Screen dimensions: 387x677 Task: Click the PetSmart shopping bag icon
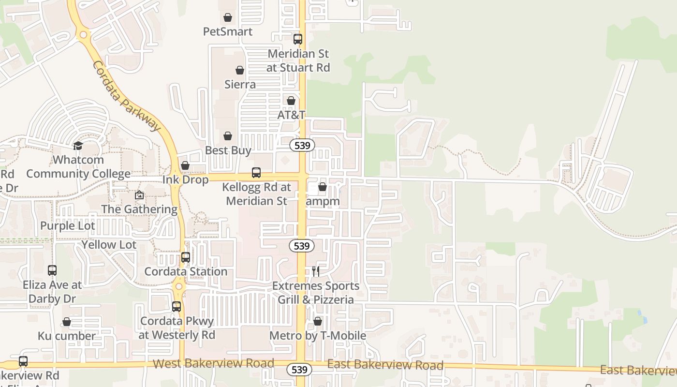tap(228, 18)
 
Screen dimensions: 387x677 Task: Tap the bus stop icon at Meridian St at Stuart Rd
tap(298, 39)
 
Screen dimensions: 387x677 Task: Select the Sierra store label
tap(240, 84)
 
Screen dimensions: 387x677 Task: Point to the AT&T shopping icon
tap(291, 101)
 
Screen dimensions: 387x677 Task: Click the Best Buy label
tap(228, 150)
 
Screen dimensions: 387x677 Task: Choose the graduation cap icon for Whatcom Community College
tap(78, 146)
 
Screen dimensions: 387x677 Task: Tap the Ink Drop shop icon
tap(185, 166)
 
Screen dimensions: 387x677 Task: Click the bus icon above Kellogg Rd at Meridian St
tap(256, 173)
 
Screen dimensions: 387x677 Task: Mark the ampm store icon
tap(323, 187)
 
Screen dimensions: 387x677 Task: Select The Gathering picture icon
tap(139, 195)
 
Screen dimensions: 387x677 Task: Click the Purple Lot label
tap(68, 226)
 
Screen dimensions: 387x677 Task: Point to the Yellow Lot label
tap(109, 245)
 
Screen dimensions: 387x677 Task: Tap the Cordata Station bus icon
tap(186, 257)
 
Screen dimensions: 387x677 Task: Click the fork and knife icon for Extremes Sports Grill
tap(316, 271)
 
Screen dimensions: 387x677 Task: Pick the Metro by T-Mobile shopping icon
tap(318, 322)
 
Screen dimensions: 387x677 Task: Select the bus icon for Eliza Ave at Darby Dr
tap(52, 270)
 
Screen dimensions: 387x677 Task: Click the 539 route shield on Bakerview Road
tap(299, 370)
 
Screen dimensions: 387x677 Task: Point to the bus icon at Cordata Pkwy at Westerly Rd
tap(177, 307)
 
